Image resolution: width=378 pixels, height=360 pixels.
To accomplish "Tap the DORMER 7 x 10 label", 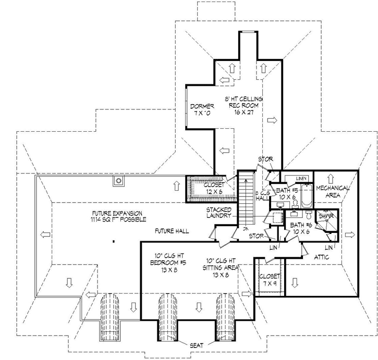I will pyautogui.click(x=198, y=110).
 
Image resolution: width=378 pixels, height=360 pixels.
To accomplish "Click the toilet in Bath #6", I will pyautogui.click(x=308, y=215).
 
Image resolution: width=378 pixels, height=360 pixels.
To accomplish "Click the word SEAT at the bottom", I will pyautogui.click(x=197, y=344).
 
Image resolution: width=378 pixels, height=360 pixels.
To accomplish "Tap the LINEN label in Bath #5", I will pyautogui.click(x=301, y=179).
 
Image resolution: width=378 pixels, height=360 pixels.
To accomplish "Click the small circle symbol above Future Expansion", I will pyautogui.click(x=119, y=181).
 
